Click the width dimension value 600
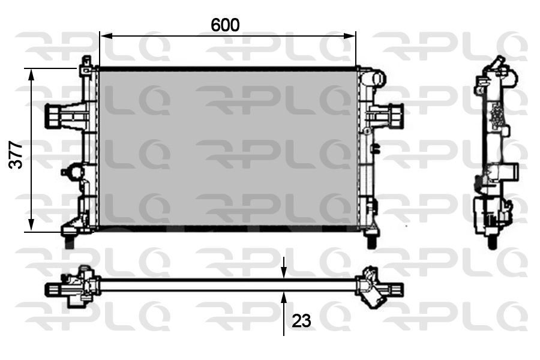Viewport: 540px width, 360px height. point(225,25)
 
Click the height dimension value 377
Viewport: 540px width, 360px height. point(17,155)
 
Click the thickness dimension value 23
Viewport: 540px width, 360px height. point(301,321)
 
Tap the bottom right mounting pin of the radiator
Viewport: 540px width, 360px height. point(371,241)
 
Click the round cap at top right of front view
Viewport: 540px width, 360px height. point(377,79)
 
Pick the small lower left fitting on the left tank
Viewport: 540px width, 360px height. point(72,172)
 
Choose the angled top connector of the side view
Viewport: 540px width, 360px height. point(497,64)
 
